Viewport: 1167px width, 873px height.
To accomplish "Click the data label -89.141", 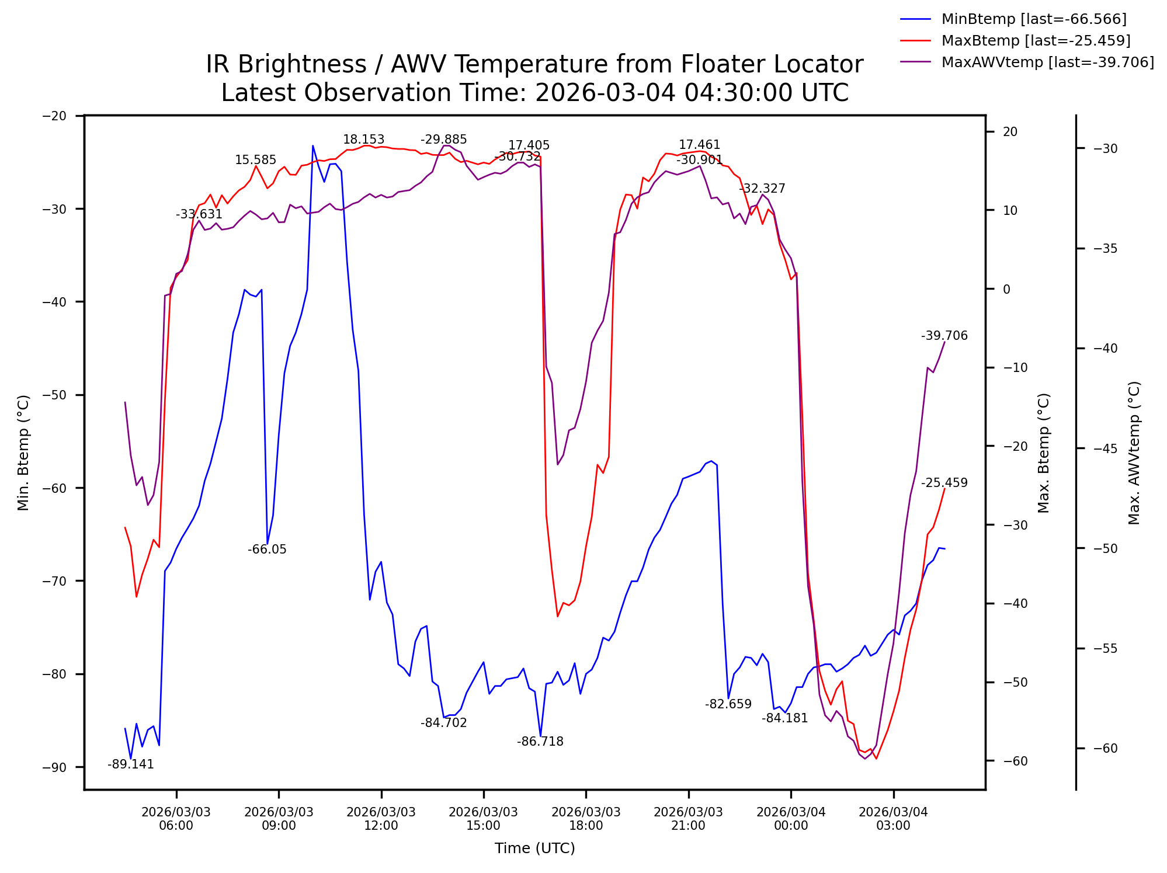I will (x=131, y=765).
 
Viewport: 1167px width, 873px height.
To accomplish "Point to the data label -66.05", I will (x=267, y=549).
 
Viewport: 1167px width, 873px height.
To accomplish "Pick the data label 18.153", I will (x=363, y=140).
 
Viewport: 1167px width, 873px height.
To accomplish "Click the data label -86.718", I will (x=540, y=742).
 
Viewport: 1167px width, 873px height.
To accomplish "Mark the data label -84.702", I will (x=444, y=723).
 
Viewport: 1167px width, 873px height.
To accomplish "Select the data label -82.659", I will (x=728, y=704).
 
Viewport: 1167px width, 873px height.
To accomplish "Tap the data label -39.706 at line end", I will (x=944, y=336).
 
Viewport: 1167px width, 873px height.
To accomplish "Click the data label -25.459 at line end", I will (x=944, y=483).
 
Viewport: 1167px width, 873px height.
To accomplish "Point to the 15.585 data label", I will (x=255, y=160).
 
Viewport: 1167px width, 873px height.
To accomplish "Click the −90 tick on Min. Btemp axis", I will (x=54, y=767).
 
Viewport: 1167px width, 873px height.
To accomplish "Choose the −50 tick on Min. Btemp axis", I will (x=54, y=395).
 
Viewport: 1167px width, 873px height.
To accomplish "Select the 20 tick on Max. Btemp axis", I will (x=1010, y=132).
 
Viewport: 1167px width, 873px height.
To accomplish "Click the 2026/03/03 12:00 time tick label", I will (x=381, y=819).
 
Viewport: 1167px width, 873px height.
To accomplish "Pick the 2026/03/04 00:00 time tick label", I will (x=791, y=819).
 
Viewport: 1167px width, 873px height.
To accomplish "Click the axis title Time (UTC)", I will (x=534, y=848).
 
